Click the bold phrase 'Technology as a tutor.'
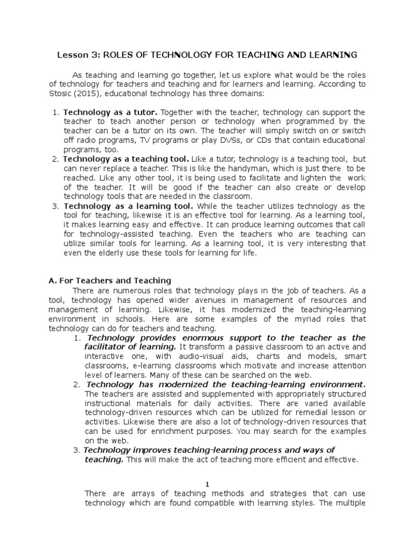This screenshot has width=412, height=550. tap(111, 112)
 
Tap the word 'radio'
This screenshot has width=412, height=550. tap(89, 140)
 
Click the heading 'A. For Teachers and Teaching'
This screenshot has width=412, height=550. tap(109, 280)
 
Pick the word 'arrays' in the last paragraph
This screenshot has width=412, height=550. tap(137, 494)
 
